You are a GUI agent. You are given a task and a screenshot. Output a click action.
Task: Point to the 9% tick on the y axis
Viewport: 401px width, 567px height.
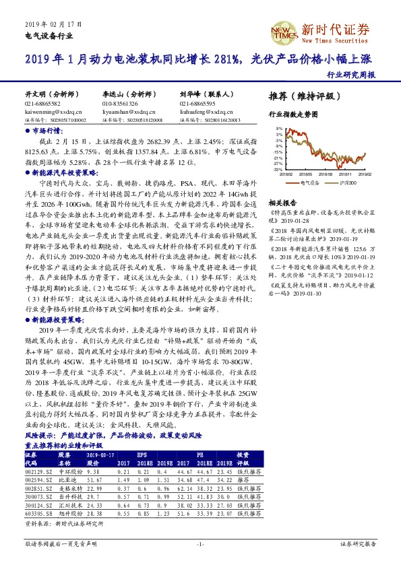tap(278, 127)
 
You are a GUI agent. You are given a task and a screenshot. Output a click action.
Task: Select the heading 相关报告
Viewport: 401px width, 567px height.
tap(282, 203)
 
